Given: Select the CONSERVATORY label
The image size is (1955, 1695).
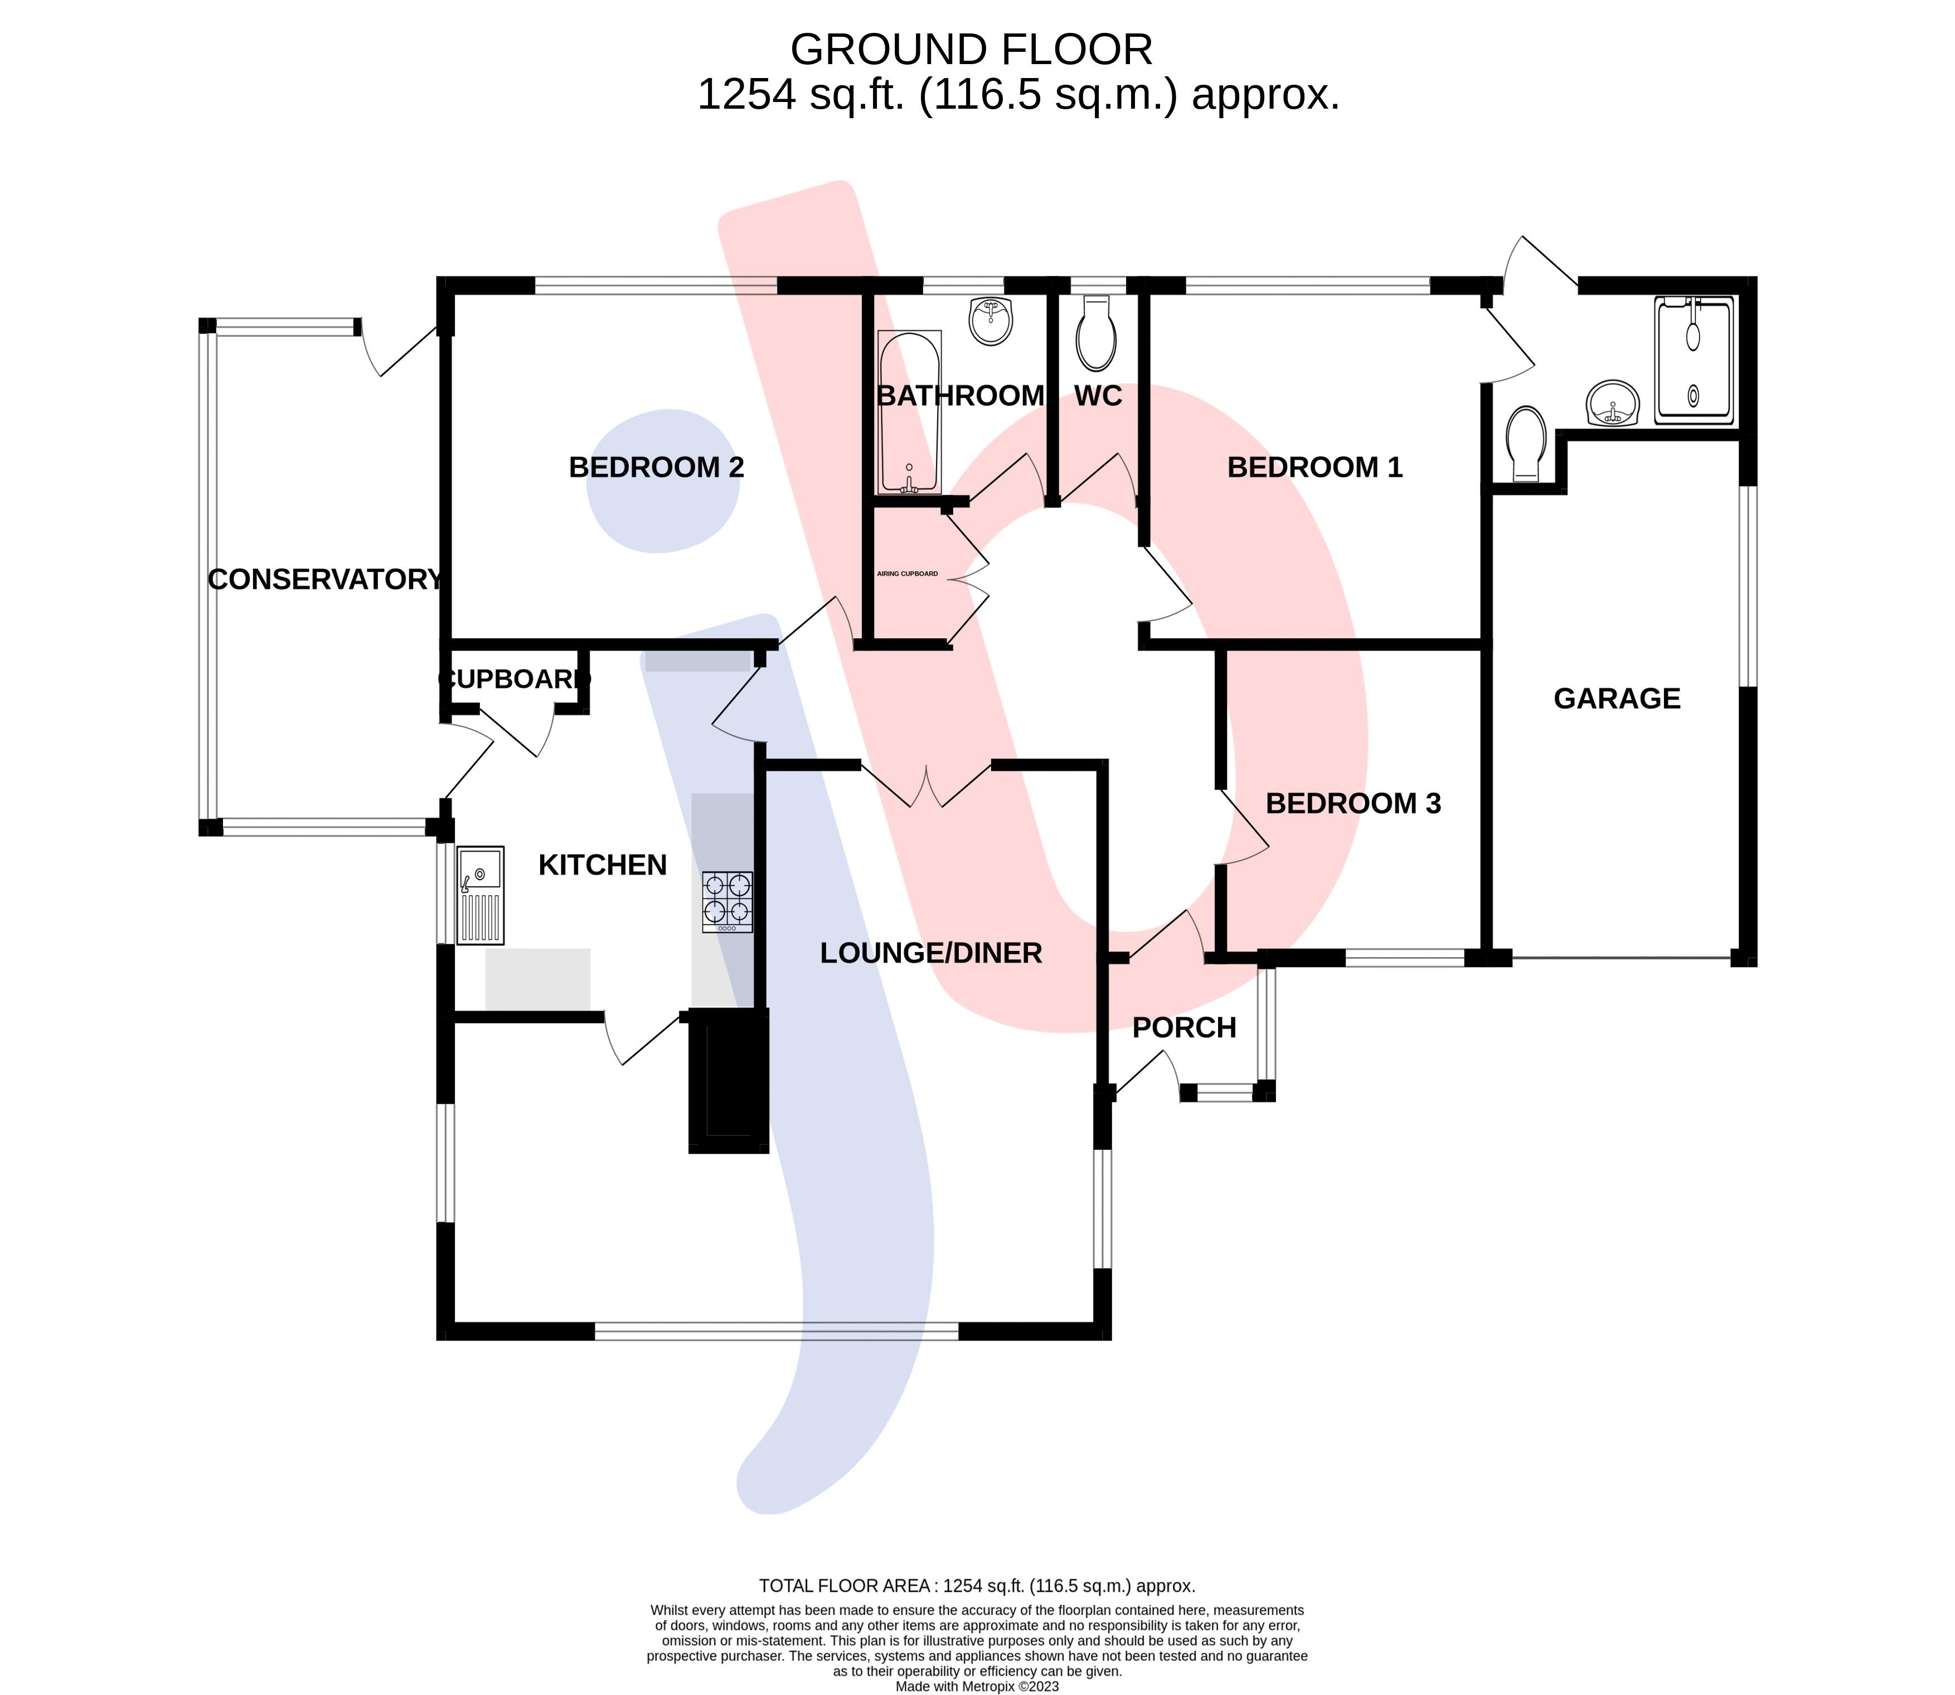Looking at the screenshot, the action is click(x=324, y=579).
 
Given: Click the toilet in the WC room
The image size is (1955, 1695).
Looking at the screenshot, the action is click(x=1096, y=333).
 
